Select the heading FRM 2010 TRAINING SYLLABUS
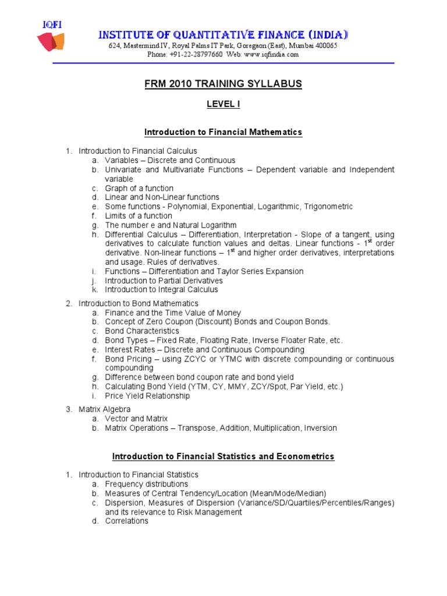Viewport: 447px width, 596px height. coord(223,84)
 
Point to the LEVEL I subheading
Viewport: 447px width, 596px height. coord(223,104)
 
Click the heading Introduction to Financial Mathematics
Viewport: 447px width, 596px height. coord(223,132)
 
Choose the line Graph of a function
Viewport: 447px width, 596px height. coord(139,188)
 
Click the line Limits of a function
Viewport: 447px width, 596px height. coord(139,216)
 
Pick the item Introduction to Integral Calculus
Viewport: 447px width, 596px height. coord(161,290)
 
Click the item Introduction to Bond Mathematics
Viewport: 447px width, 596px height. coord(139,303)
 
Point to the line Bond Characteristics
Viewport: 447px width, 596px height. coord(142,331)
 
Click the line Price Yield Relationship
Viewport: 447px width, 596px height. coord(147,396)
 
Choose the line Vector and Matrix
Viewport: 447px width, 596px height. coord(136,418)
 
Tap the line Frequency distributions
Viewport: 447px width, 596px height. coord(147,484)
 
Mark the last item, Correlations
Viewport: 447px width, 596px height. coord(126,521)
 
